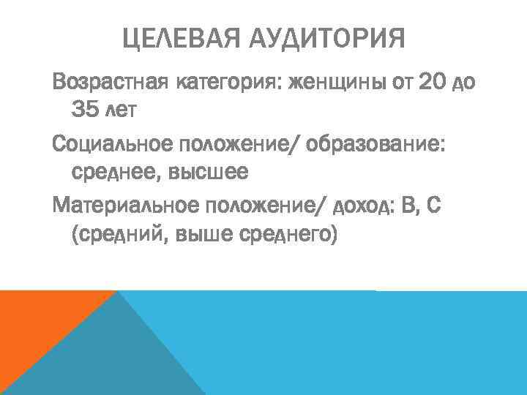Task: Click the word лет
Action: [122, 111]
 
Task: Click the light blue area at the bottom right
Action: [366, 344]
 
